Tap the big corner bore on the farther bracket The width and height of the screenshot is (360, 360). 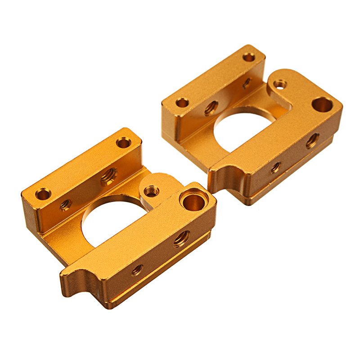point(322,104)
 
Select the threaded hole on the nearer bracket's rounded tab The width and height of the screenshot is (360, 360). point(152,191)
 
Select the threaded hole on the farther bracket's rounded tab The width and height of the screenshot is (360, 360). point(280,84)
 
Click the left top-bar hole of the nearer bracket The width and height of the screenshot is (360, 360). point(43,194)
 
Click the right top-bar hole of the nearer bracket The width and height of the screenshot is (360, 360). point(123,143)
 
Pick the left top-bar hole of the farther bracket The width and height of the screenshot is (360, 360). point(182,103)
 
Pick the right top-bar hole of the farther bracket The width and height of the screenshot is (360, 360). point(249,57)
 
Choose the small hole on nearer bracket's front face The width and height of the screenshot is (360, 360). point(137,270)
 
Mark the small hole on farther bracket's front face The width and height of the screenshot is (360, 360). point(275,168)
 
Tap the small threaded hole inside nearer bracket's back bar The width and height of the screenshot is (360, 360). point(65,205)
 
